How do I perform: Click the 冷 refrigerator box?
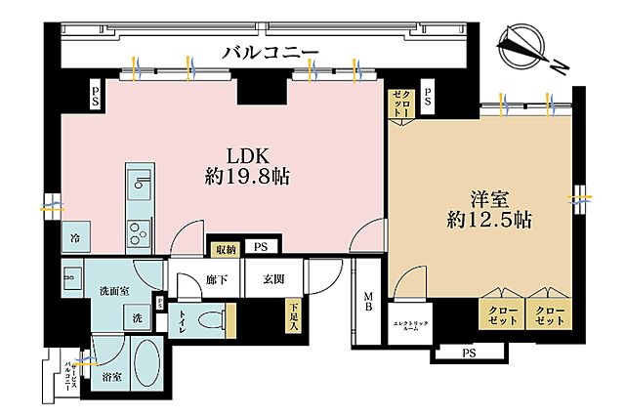pyautogui.click(x=74, y=238)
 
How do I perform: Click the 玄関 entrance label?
pyautogui.click(x=272, y=279)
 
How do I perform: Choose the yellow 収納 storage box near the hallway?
pyautogui.click(x=226, y=249)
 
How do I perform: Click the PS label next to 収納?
pyautogui.click(x=260, y=248)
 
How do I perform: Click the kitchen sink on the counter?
pyautogui.click(x=138, y=183)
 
